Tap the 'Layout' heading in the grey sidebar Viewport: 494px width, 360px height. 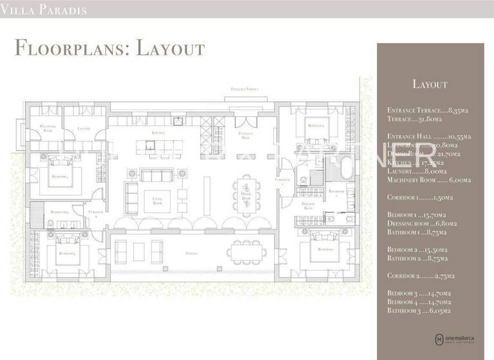pyautogui.click(x=429, y=84)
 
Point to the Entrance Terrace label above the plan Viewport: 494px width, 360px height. pyautogui.click(x=248, y=89)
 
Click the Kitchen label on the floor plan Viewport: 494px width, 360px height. pyautogui.click(x=158, y=133)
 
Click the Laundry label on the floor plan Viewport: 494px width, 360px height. pyautogui.click(x=84, y=129)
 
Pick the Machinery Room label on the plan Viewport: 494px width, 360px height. pyautogui.click(x=48, y=129)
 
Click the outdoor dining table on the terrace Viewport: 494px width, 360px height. pyautogui.click(x=247, y=253)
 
